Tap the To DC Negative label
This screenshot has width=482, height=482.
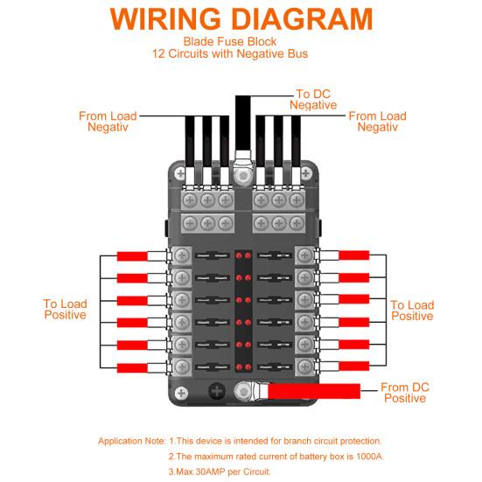click(x=313, y=99)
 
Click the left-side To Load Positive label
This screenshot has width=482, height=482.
click(x=65, y=310)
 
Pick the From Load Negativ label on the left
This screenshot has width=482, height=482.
click(x=108, y=121)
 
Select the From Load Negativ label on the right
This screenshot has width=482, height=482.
click(x=377, y=121)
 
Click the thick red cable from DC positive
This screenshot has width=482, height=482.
click(x=315, y=391)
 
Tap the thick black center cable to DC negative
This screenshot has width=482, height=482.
click(x=242, y=122)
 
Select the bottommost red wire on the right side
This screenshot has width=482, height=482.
click(x=354, y=366)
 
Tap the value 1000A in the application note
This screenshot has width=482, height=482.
click(x=360, y=456)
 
